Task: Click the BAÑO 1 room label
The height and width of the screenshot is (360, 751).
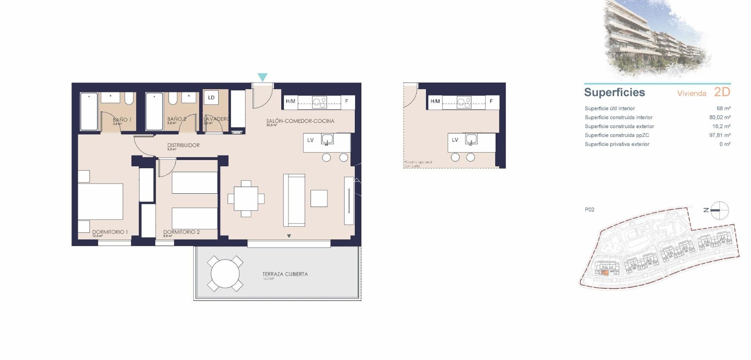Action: click(122, 120)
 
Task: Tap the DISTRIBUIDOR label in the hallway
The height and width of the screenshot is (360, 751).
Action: click(183, 145)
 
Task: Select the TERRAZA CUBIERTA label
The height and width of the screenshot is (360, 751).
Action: click(285, 274)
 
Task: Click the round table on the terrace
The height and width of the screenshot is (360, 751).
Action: click(225, 274)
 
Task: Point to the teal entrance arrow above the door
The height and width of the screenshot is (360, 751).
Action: click(262, 77)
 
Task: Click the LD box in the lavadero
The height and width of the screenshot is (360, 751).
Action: click(211, 98)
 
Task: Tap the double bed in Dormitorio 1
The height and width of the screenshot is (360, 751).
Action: click(101, 202)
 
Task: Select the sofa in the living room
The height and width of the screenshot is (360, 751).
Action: click(294, 200)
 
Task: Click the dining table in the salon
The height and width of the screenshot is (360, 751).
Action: click(246, 199)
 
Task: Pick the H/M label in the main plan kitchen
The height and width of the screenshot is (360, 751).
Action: click(290, 101)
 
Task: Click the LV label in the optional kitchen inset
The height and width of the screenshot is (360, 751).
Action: click(455, 140)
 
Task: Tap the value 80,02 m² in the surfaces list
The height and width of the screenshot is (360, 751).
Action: click(720, 117)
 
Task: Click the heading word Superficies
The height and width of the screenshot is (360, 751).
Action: click(614, 92)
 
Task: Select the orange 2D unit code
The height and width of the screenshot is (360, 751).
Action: click(722, 92)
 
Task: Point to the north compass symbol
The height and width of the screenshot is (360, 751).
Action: click(719, 211)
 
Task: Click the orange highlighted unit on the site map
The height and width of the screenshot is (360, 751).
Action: click(605, 273)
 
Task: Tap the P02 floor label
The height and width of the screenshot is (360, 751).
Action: click(589, 210)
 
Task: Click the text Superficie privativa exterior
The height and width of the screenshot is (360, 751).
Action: click(617, 144)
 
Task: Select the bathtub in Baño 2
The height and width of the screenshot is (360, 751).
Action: click(154, 112)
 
